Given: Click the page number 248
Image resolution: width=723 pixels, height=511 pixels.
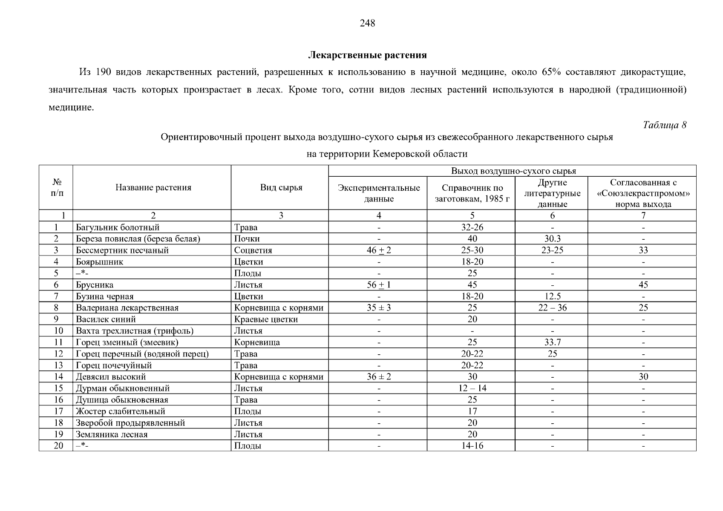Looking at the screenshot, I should pyautogui.click(x=367, y=23).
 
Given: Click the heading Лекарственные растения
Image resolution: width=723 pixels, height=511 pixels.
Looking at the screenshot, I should pyautogui.click(x=367, y=55).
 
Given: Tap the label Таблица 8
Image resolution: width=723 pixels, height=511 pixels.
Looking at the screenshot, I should pyautogui.click(x=664, y=125).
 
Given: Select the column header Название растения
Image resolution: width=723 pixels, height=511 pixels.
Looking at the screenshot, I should pyautogui.click(x=153, y=187).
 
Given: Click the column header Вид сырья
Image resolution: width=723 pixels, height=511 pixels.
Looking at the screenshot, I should pyautogui.click(x=281, y=187).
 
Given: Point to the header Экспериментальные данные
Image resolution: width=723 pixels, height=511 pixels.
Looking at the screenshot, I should pyautogui.click(x=379, y=193).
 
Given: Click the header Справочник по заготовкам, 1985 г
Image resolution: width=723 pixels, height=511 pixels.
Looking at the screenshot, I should pyautogui.click(x=472, y=193).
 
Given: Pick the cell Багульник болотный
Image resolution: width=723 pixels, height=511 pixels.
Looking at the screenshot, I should pyautogui.click(x=118, y=227).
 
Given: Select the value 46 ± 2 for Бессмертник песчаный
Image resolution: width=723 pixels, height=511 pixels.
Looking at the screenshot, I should pyautogui.click(x=379, y=250).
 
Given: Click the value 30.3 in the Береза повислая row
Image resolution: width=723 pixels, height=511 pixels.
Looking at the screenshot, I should pyautogui.click(x=552, y=239).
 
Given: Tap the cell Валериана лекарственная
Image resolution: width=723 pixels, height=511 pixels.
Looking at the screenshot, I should pyautogui.click(x=127, y=308).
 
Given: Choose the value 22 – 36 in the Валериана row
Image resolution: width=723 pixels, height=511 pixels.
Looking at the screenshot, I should pyautogui.click(x=552, y=308).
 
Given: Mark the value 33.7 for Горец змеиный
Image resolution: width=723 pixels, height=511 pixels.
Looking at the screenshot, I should pyautogui.click(x=552, y=342).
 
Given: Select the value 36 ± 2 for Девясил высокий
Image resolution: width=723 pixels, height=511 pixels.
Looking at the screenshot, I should pyautogui.click(x=379, y=377).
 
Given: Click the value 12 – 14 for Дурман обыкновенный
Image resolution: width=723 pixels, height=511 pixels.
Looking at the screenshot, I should pyautogui.click(x=472, y=388).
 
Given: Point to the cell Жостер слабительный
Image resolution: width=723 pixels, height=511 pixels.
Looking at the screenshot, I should pyautogui.click(x=120, y=411).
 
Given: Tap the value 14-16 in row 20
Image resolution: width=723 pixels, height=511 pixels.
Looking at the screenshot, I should pyautogui.click(x=472, y=446).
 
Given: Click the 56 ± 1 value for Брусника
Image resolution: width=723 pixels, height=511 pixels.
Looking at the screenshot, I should pyautogui.click(x=379, y=285).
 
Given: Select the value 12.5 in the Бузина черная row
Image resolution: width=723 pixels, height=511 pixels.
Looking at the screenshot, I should pyautogui.click(x=552, y=296).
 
